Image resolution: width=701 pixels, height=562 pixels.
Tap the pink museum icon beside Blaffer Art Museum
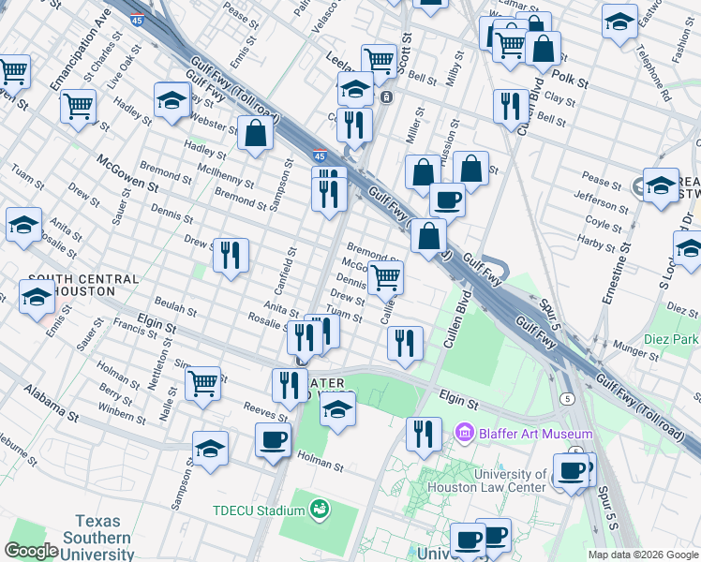463,433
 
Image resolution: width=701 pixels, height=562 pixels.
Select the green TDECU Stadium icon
321,510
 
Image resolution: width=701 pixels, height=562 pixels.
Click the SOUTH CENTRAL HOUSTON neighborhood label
83,286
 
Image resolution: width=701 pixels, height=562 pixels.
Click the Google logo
31,551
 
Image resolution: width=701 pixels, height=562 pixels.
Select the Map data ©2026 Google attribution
642,555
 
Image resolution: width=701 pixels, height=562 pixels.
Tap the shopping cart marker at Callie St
385,277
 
